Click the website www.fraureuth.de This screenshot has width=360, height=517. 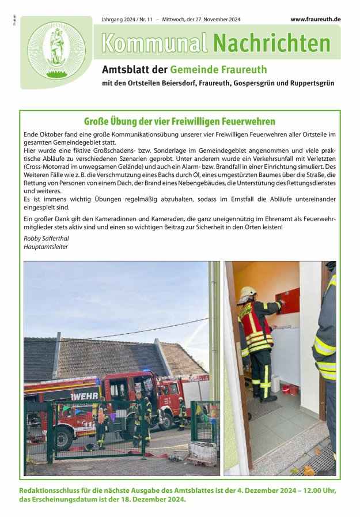pyautogui.click(x=315, y=19)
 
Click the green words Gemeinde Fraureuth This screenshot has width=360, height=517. pyautogui.click(x=218, y=70)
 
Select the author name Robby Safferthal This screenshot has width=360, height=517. pyautogui.click(x=46, y=238)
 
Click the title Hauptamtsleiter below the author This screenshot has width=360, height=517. pyautogui.click(x=46, y=247)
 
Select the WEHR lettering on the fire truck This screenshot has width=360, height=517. pyautogui.click(x=84, y=396)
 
